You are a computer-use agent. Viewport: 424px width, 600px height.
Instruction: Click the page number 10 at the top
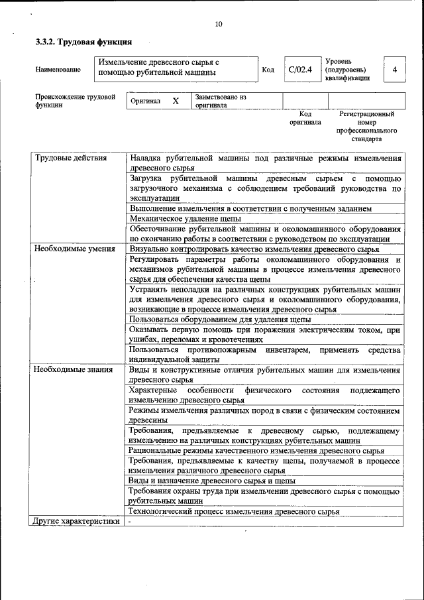[x=219, y=25]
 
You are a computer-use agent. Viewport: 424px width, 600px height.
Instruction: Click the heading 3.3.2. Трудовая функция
[x=79, y=42]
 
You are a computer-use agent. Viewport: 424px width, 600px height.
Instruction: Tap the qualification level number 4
[x=395, y=70]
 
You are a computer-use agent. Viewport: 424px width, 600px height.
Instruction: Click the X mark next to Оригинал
[x=176, y=101]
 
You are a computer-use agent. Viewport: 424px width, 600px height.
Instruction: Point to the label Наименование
[x=59, y=70]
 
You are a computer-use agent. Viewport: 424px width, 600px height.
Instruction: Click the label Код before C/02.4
[x=268, y=70]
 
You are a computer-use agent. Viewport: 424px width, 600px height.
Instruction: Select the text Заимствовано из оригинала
[x=221, y=101]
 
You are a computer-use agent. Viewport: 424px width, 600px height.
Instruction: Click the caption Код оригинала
[x=305, y=118]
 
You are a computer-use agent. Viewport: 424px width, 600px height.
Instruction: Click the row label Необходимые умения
[x=75, y=249]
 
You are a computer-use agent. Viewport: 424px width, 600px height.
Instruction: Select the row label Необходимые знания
[x=74, y=369]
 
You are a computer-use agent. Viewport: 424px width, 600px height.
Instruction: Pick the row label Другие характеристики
[x=76, y=521]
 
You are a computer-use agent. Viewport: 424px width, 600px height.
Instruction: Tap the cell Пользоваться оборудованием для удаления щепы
[x=221, y=319]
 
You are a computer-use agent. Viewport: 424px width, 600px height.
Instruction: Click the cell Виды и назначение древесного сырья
[x=212, y=481]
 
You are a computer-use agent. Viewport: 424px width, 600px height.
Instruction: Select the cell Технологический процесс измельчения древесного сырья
[x=235, y=511]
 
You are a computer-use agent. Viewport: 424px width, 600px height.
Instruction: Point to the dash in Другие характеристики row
[x=131, y=521]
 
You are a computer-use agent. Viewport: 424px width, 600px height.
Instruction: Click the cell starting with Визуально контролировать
[x=254, y=249]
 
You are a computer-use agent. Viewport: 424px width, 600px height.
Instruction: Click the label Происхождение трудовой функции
[x=75, y=101]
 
